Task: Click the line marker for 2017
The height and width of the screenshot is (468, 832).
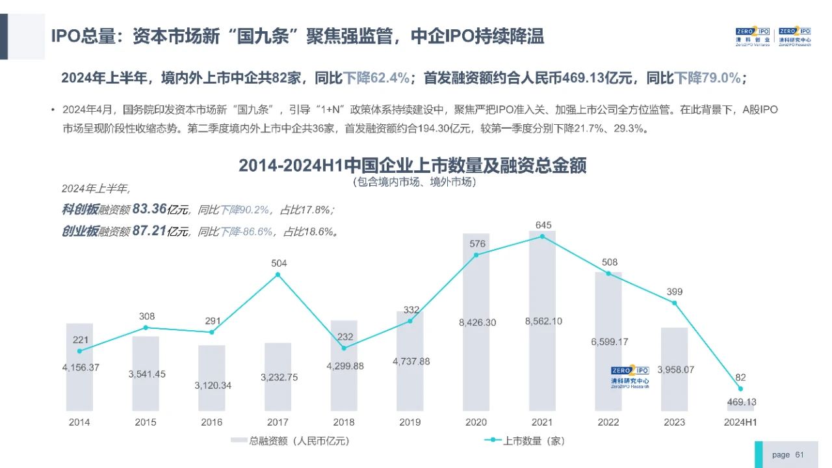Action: click(278, 274)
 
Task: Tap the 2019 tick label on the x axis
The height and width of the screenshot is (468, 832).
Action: click(409, 422)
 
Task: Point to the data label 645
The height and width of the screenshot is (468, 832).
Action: click(543, 225)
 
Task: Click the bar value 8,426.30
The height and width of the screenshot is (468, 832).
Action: click(476, 322)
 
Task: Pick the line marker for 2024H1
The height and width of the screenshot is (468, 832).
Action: click(740, 389)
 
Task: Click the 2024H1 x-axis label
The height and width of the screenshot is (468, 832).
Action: click(741, 422)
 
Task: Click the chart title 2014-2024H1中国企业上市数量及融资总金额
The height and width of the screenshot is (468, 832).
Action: click(412, 166)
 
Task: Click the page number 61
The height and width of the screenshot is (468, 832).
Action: click(799, 455)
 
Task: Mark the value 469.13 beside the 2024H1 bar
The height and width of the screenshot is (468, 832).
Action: click(740, 402)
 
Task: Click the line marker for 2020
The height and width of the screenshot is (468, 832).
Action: click(476, 255)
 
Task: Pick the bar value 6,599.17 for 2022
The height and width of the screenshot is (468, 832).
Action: click(609, 342)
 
